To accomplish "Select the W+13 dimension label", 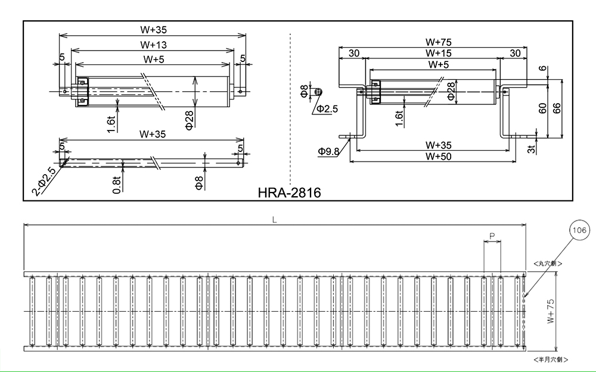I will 154,45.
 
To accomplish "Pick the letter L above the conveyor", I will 274,219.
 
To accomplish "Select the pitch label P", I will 492,237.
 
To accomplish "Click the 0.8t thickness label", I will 117,183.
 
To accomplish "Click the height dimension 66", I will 556,108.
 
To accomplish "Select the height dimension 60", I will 542,108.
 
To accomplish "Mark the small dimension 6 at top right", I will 542,69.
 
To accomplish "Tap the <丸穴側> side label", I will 548,263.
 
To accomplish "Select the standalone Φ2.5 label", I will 327,108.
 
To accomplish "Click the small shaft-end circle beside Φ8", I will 319,92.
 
